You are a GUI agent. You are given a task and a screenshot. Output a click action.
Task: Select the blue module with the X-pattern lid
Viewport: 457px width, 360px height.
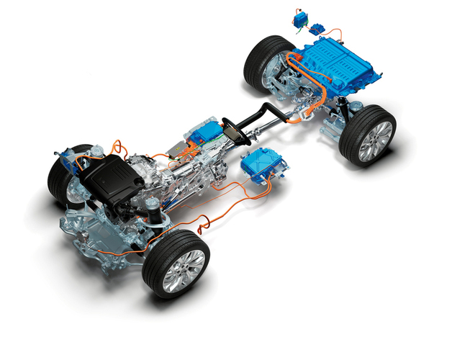click(266, 167)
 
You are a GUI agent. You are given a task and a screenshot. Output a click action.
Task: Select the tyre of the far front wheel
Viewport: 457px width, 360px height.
click(59, 173)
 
